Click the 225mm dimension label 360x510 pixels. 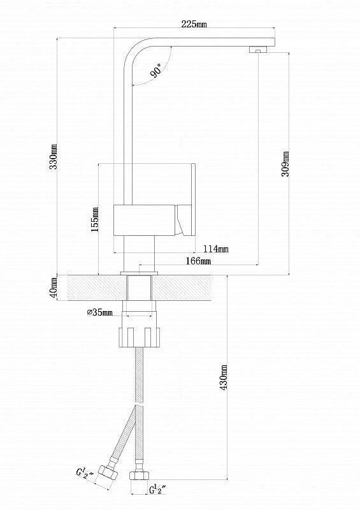click(194, 24)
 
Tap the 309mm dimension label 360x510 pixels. click(285, 163)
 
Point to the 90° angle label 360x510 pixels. click(155, 71)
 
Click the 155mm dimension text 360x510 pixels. click(95, 219)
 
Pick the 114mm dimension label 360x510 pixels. click(216, 249)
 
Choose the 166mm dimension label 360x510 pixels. click(198, 261)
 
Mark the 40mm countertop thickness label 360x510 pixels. click(54, 288)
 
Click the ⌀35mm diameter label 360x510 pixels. click(100, 312)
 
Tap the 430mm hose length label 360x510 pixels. click(224, 378)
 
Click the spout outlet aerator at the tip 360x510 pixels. click(258, 50)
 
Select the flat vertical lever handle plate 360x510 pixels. click(193, 200)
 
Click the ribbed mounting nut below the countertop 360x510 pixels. click(139, 338)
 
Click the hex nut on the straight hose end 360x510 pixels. click(138, 475)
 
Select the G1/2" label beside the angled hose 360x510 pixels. click(85, 473)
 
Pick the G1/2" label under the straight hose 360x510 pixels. click(158, 489)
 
